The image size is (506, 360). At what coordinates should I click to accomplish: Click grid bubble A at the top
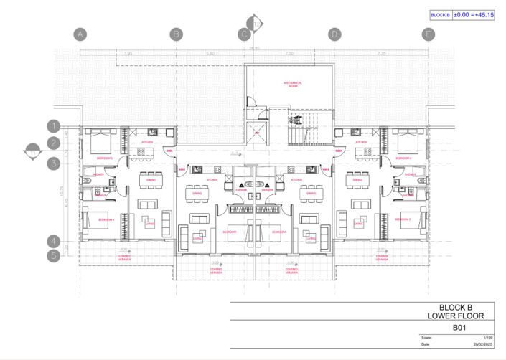(x=80, y=34)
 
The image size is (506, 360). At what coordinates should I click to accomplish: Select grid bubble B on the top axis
(x=177, y=34)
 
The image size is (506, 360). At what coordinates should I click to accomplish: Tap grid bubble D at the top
(x=334, y=34)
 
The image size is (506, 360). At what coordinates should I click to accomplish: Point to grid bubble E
(x=428, y=34)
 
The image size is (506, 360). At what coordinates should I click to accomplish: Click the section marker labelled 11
(x=32, y=151)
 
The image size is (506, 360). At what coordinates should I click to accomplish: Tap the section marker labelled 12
(x=256, y=24)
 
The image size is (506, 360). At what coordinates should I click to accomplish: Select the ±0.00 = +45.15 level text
(x=477, y=14)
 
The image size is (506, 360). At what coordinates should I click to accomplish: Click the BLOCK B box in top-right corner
(x=439, y=14)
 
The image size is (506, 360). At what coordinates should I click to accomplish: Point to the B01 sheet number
(x=460, y=327)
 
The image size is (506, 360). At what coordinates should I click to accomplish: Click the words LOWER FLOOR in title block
(x=460, y=316)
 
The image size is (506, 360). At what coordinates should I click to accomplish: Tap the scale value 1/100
(x=488, y=338)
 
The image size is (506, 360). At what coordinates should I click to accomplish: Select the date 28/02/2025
(x=483, y=344)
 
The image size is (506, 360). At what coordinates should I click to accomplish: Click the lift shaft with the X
(x=256, y=132)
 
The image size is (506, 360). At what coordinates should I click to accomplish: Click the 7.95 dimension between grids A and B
(x=128, y=54)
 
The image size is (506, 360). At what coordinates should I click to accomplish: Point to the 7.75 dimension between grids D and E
(x=381, y=54)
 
